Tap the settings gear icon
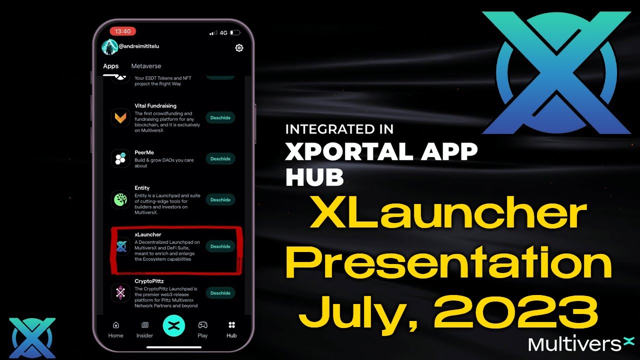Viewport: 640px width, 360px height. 239,48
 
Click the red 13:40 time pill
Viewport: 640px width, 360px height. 122,31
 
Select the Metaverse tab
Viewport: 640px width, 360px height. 146,66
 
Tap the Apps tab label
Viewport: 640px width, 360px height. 111,66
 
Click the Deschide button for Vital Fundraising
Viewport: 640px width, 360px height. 220,118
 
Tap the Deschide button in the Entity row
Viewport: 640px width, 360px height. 220,200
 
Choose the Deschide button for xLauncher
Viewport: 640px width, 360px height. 220,246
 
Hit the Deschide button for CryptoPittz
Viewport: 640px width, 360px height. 220,293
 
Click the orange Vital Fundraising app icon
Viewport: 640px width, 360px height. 120,118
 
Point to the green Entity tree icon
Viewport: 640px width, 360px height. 120,200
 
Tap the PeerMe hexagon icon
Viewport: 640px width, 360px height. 120,159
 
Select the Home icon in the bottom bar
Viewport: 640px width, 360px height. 116,325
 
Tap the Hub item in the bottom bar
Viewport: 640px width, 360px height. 231,329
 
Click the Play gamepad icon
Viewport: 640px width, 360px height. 202,325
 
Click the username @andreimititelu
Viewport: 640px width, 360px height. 138,46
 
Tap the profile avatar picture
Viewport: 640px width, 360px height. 109,47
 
